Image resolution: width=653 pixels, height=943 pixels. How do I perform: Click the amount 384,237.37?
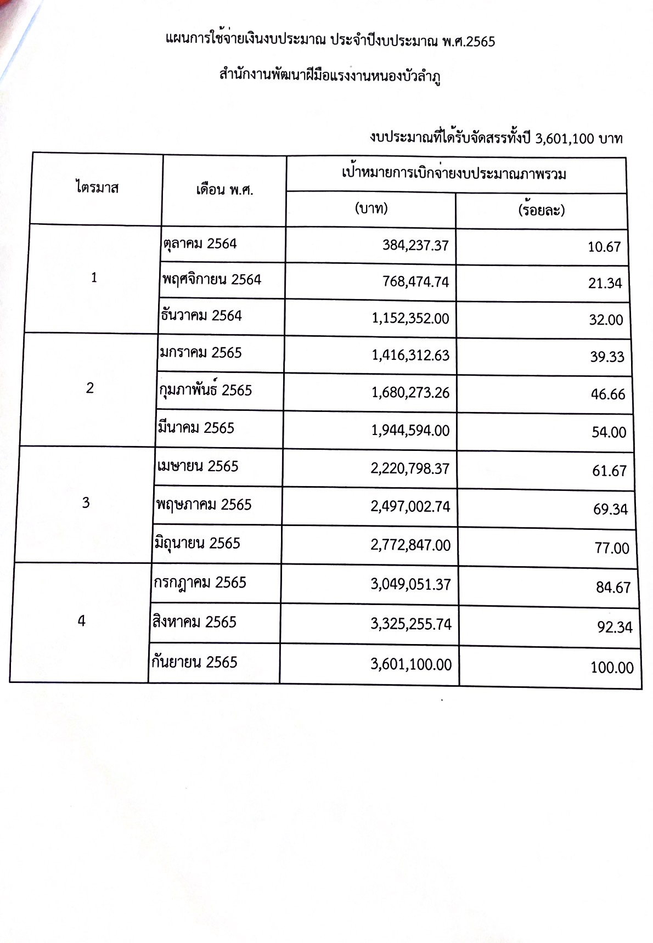[x=415, y=245]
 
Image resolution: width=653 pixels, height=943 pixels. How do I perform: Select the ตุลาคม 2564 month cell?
[x=200, y=244]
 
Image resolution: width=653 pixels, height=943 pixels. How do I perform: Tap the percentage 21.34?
[x=605, y=283]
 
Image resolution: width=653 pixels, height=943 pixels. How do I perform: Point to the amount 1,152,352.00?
[x=410, y=318]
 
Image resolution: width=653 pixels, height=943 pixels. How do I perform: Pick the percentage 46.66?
[x=608, y=394]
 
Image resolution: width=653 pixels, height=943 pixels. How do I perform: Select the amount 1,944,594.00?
[x=410, y=431]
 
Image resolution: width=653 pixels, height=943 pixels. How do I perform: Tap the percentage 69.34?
[x=610, y=509]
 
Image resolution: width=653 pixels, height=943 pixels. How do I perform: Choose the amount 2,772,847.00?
[x=410, y=545]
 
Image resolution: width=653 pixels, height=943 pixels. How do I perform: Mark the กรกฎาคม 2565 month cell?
[x=200, y=583]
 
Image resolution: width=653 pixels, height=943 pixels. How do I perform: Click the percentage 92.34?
[x=615, y=627]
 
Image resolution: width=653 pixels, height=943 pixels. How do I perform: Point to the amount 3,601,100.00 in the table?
[x=411, y=665]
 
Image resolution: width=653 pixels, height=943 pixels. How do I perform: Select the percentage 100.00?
[x=612, y=668]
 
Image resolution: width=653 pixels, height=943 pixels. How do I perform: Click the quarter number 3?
[x=86, y=503]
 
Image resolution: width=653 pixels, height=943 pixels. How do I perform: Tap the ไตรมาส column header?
[x=97, y=188]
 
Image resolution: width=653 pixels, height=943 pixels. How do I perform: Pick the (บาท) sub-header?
[x=371, y=208]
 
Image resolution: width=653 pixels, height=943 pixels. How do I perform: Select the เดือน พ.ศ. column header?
[x=224, y=190]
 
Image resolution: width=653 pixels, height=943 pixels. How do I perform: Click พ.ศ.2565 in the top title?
[x=468, y=41]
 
